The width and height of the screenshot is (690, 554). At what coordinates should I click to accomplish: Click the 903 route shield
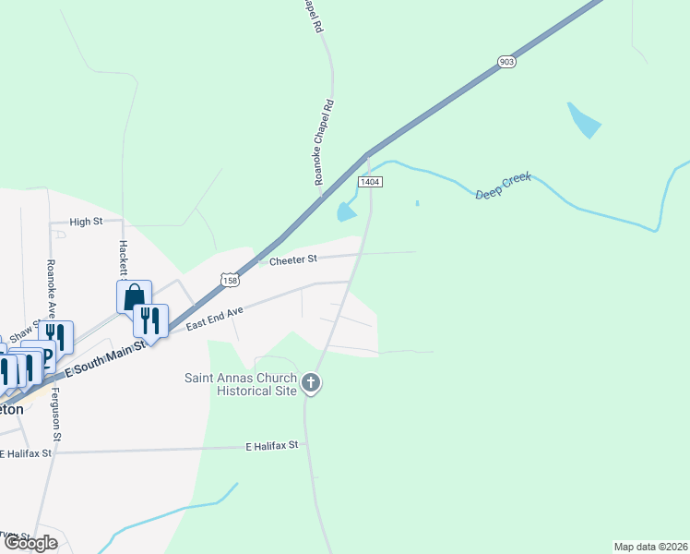coord(506,62)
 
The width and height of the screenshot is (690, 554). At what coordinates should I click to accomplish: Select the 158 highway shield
coord(230,278)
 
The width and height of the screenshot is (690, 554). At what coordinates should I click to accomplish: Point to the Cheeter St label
coord(292,261)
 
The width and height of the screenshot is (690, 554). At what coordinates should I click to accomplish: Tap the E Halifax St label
coord(272,445)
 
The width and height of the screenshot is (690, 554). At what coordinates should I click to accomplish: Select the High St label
coord(85,222)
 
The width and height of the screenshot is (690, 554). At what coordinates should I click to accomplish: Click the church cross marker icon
coord(312,383)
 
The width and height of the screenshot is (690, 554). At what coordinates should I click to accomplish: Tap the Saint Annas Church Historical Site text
coord(242,384)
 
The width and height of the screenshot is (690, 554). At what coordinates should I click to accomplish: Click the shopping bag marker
coord(134,297)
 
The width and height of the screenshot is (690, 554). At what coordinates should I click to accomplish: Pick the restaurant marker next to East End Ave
coord(150,320)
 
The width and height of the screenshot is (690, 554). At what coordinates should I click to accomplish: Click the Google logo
coord(30,543)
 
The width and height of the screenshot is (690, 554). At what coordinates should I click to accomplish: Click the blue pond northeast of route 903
coord(584,120)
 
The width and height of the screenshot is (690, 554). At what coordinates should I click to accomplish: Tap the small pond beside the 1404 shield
coord(347,211)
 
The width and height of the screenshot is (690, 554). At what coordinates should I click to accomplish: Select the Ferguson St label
coord(56,415)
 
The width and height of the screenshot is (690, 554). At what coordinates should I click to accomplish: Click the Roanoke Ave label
coord(51,287)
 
